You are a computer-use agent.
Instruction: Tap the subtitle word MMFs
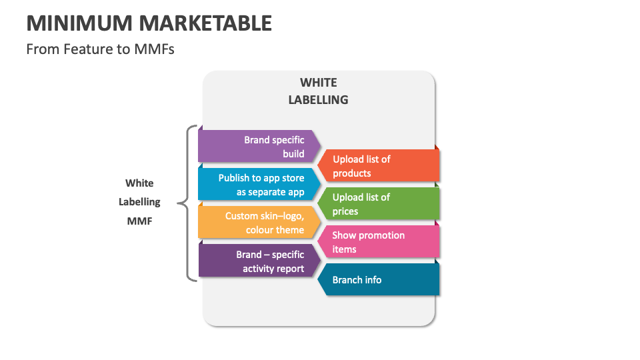pos(154,49)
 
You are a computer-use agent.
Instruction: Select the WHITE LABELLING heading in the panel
pos(318,91)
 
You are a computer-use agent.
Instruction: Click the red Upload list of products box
pos(378,166)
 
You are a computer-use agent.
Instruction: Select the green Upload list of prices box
pos(378,204)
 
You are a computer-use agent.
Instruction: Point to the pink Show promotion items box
pos(378,242)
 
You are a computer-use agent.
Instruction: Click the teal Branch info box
pos(378,280)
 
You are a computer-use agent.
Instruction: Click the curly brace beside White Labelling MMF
pos(187,203)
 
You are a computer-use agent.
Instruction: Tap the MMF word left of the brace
pos(139,221)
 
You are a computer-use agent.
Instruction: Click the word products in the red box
pos(352,173)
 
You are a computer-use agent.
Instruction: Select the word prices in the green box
pos(345,211)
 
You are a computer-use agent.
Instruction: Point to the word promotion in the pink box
pos(382,235)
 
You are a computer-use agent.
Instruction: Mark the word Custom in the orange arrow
pos(241,216)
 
